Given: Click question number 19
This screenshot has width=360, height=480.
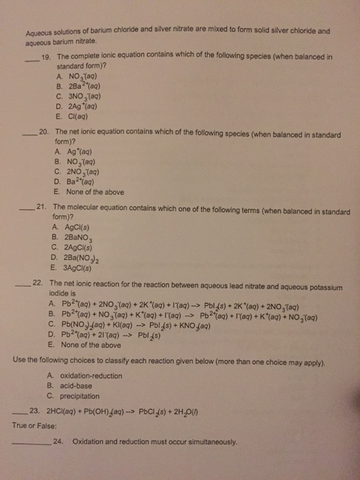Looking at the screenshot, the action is click(x=47, y=58).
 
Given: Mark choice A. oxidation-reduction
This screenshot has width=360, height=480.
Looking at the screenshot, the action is click(x=88, y=376).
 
